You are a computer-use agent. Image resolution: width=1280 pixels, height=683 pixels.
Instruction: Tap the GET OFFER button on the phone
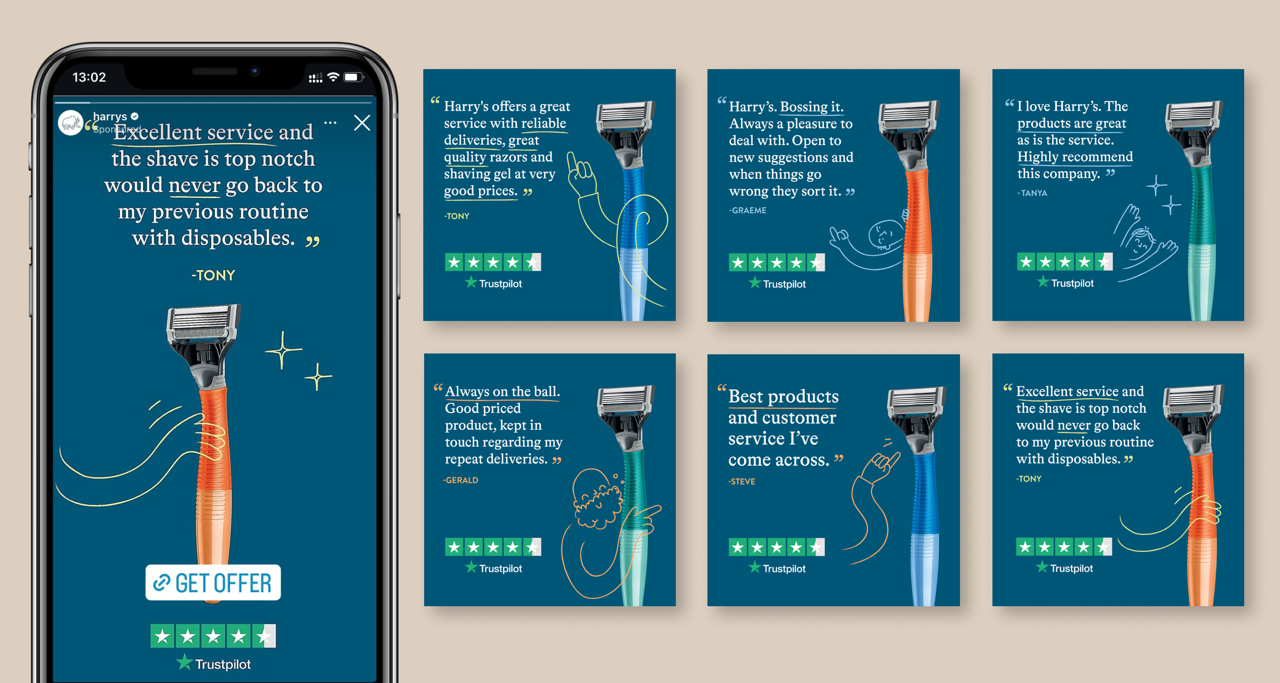213,583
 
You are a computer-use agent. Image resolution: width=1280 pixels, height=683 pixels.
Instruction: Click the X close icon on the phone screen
362,122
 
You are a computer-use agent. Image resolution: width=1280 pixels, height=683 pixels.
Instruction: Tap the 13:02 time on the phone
89,77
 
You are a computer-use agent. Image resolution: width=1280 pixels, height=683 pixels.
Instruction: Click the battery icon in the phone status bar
353,77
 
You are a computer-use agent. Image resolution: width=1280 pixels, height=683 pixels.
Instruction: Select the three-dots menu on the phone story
330,122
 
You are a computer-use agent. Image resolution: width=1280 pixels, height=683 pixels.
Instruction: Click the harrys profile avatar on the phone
71,123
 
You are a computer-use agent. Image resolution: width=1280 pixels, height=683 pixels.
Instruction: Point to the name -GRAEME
748,210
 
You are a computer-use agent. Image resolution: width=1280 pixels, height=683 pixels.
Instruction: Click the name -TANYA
1032,193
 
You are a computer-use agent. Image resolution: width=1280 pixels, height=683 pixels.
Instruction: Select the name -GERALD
461,480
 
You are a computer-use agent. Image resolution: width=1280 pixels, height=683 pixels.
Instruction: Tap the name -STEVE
742,482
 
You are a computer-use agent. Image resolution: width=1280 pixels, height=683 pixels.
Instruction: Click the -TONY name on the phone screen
213,276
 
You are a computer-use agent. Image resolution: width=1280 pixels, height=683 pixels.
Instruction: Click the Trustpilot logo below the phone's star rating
214,664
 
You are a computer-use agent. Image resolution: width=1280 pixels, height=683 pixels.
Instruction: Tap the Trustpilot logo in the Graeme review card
777,283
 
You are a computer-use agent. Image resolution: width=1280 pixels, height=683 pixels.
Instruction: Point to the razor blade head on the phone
204,323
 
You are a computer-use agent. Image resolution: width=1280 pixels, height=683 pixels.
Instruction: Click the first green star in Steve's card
738,547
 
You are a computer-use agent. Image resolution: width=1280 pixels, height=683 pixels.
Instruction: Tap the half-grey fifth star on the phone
264,636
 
